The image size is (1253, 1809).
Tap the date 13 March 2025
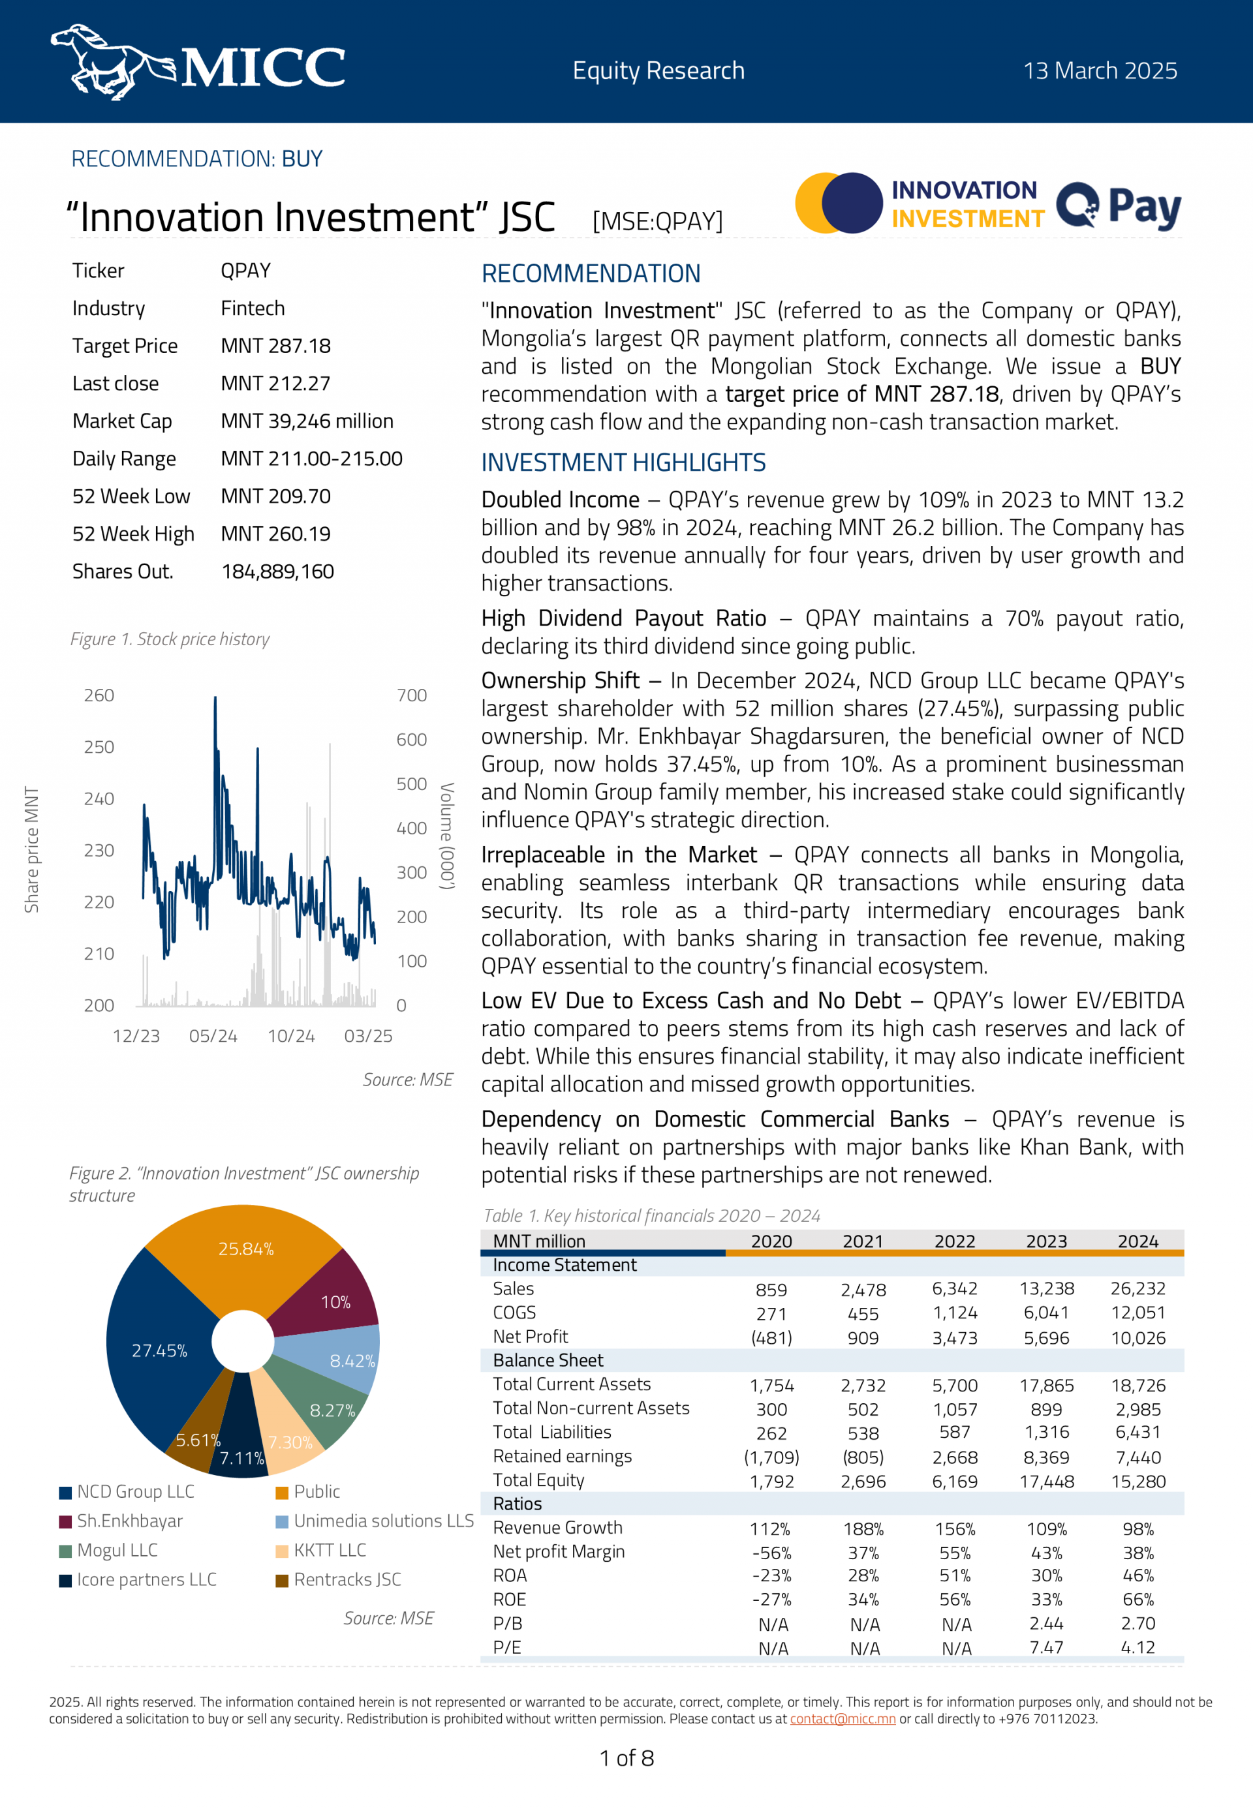pos(1099,70)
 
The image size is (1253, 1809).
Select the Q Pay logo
pos(1118,206)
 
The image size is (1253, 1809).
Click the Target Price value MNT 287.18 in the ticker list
pos(275,346)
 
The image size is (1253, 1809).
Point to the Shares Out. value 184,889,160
pos(277,571)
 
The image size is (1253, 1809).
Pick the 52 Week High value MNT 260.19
pos(275,534)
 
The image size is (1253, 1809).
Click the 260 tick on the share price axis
pos(99,695)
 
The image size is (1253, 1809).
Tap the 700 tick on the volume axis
pos(411,695)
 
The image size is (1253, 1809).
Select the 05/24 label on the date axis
pos(213,1036)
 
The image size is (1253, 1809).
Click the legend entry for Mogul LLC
pos(117,1550)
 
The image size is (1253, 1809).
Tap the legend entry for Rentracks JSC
pos(347,1579)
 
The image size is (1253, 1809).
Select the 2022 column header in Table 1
pos(954,1241)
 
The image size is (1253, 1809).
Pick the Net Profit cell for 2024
pos(1137,1337)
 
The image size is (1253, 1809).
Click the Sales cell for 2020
pos(771,1290)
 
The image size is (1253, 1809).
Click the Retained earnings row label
pos(562,1456)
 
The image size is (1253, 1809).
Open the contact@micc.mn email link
pos(843,1719)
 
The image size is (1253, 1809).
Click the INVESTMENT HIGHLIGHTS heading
pos(623,463)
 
